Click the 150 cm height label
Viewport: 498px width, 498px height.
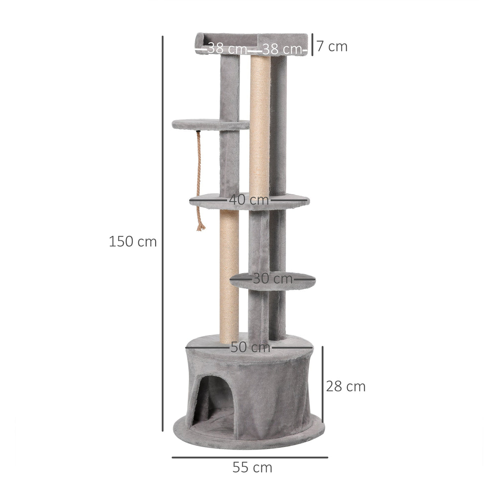click(x=132, y=242)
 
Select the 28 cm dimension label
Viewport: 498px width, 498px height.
click(x=345, y=386)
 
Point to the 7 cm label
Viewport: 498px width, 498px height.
click(x=332, y=46)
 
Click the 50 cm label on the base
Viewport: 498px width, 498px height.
click(x=250, y=347)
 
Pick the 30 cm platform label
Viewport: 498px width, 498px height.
click(x=272, y=279)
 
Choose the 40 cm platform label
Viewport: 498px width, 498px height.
click(x=249, y=200)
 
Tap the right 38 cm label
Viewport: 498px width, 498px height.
click(x=281, y=49)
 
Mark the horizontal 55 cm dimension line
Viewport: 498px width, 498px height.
click(x=249, y=457)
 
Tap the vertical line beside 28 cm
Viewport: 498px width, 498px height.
click(x=323, y=384)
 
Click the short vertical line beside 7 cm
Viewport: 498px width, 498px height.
click(x=313, y=44)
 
